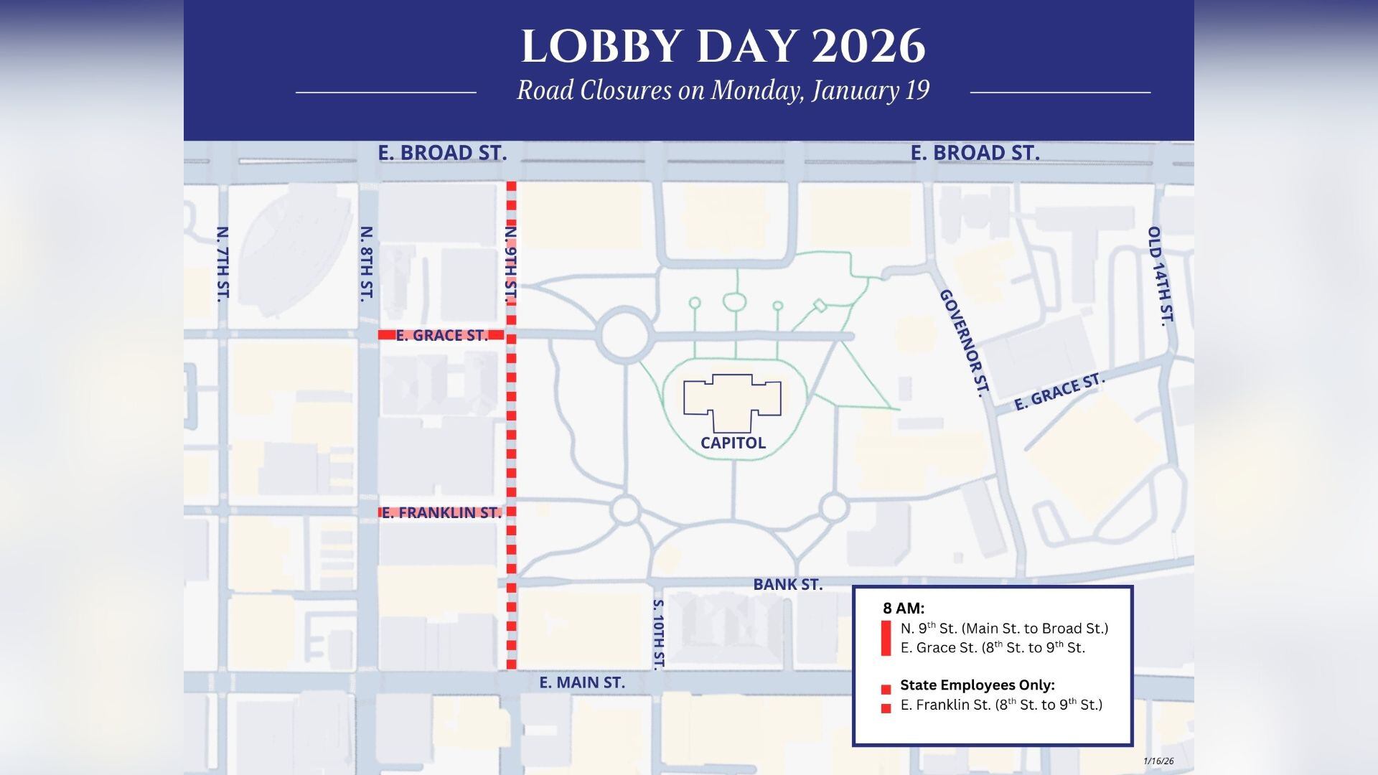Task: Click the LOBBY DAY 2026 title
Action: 723,47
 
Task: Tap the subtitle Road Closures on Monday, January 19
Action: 723,91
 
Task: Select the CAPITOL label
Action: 733,443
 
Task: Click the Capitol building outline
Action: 732,398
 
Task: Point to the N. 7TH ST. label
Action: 222,263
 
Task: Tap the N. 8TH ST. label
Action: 367,263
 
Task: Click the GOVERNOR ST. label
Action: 965,343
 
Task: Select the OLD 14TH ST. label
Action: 1160,276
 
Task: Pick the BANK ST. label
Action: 787,585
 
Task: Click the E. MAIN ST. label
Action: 582,683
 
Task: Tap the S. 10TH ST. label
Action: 659,634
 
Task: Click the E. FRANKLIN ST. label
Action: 441,512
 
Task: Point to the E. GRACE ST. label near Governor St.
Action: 1058,392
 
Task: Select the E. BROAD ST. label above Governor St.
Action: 975,153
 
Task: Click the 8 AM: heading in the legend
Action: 903,609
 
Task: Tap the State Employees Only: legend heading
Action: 977,685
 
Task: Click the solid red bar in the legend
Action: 886,638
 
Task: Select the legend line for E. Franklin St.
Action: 1000,705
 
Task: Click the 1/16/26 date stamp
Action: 1158,761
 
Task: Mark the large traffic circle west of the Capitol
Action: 624,335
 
